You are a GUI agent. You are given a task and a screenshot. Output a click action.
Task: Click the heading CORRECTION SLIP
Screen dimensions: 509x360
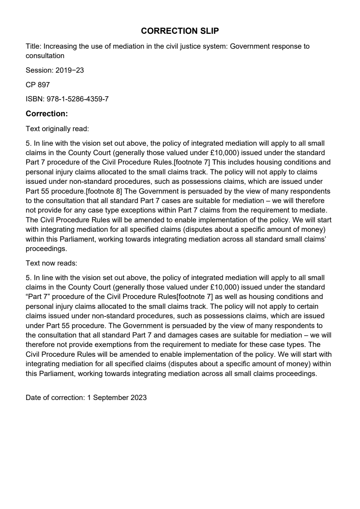(180, 31)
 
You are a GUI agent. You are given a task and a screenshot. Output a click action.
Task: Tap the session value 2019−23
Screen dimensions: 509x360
(69, 70)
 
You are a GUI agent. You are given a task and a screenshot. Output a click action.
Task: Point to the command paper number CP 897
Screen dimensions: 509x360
(37, 85)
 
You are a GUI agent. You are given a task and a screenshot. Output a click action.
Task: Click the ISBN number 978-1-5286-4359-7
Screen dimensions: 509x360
(77, 99)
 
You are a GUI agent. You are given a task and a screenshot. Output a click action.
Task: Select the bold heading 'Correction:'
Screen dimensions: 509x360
(46, 114)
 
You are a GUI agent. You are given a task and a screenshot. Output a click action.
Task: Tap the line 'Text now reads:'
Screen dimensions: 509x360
(51, 263)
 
